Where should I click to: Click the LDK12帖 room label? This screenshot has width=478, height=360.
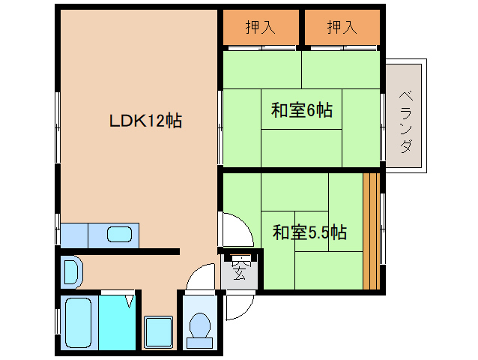click(x=145, y=120)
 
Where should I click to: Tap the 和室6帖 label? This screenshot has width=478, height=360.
click(x=301, y=109)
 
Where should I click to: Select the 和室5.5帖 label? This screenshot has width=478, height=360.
click(x=309, y=232)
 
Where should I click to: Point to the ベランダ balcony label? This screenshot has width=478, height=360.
click(x=406, y=121)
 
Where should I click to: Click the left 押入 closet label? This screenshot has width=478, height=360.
click(x=260, y=27)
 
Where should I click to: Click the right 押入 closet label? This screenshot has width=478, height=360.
click(x=342, y=27)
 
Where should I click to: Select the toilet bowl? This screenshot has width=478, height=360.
click(x=200, y=325)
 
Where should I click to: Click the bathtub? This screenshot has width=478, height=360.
click(x=79, y=322)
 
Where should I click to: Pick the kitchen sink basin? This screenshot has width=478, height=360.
click(x=119, y=235)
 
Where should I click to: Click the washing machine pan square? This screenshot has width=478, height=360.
click(x=159, y=332)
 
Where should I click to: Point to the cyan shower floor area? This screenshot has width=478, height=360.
click(x=117, y=322)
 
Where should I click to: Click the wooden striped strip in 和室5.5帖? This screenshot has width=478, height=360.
click(x=372, y=231)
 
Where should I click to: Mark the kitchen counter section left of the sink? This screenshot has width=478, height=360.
click(x=74, y=235)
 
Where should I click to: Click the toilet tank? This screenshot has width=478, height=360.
click(x=200, y=343)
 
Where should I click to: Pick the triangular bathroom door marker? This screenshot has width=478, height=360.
click(x=130, y=301)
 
